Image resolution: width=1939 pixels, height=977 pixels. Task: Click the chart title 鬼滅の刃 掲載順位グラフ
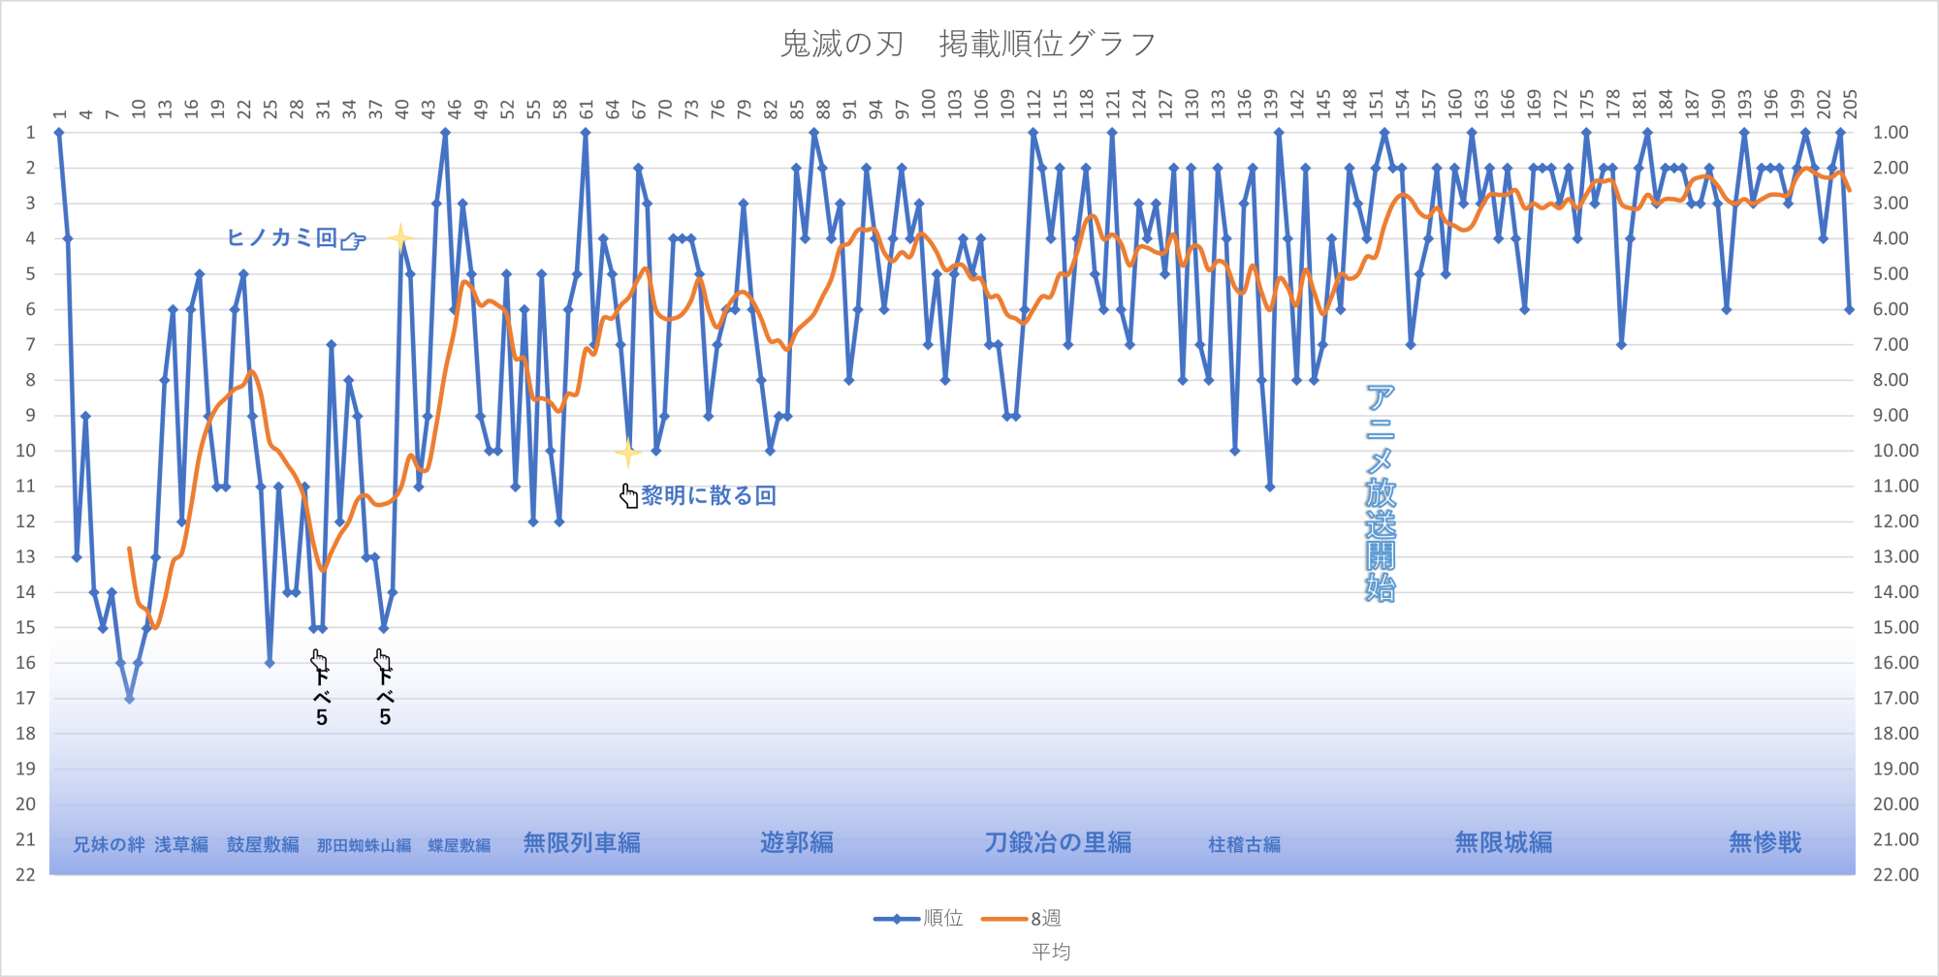[x=968, y=44]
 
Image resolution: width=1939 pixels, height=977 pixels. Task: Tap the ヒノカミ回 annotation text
[x=281, y=237]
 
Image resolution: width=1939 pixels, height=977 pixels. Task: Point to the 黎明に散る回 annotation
[x=708, y=496]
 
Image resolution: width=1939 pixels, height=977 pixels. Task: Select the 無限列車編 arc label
[x=582, y=843]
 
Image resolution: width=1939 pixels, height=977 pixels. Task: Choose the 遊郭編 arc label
[x=796, y=843]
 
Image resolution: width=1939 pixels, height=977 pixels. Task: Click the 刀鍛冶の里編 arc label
[x=1058, y=843]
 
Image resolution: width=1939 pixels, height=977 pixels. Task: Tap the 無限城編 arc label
[x=1503, y=843]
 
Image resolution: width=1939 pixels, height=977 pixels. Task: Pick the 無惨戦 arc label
[x=1764, y=843]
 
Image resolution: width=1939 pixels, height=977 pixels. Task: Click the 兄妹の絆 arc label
[x=109, y=845]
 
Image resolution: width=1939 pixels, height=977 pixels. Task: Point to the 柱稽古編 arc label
[x=1244, y=845]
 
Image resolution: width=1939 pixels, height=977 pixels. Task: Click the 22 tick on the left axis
[x=25, y=874]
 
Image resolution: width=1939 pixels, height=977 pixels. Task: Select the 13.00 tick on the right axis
[x=1895, y=556]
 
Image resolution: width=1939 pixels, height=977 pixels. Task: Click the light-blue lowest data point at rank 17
[x=129, y=698]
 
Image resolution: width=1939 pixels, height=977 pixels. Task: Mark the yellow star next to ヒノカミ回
[x=400, y=237]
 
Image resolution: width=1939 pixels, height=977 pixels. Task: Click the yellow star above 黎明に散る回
[x=628, y=453]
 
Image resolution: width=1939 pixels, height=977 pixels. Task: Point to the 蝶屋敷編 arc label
[x=459, y=845]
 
